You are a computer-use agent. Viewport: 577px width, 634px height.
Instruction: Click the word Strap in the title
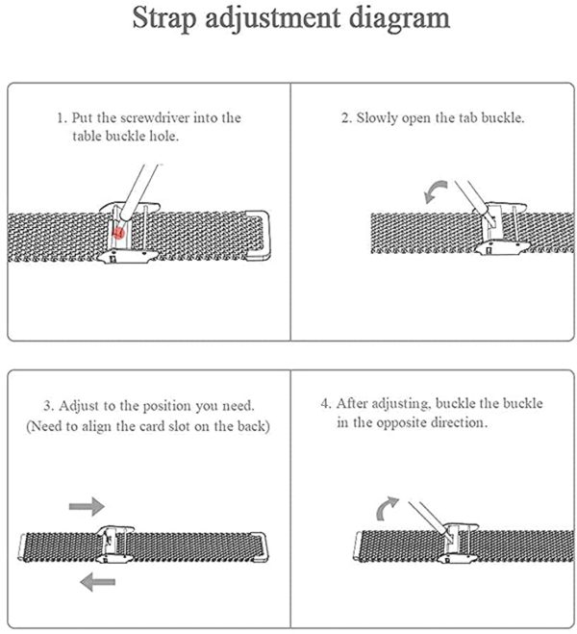click(163, 19)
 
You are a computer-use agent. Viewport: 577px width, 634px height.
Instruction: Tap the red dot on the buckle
click(118, 233)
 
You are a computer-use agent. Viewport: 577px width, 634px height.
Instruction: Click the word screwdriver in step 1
click(155, 117)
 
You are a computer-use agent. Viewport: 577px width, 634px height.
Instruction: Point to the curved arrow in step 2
click(436, 191)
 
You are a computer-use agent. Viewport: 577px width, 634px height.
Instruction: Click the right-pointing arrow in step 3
click(87, 506)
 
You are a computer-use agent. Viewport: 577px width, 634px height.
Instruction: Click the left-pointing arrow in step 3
click(98, 582)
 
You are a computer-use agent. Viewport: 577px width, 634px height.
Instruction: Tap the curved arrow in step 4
click(388, 508)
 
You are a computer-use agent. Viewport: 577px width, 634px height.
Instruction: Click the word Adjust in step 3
click(79, 406)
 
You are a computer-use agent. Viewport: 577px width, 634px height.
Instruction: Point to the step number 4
click(326, 403)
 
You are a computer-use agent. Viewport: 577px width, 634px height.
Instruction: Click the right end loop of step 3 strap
click(259, 546)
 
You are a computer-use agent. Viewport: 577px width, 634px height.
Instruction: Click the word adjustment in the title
click(273, 19)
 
